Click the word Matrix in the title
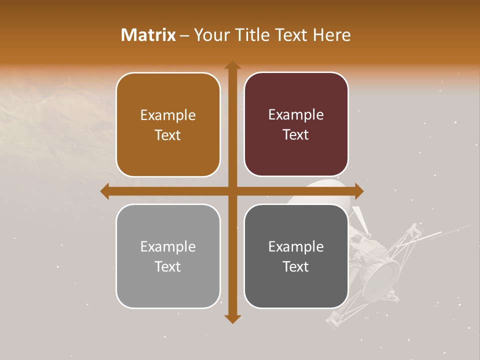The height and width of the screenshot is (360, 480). pyautogui.click(x=148, y=35)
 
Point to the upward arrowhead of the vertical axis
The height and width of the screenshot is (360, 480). pyautogui.click(x=232, y=65)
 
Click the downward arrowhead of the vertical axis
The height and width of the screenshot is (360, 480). pyautogui.click(x=232, y=318)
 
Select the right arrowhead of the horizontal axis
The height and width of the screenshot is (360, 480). pyautogui.click(x=358, y=191)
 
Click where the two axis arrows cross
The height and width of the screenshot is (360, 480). pyautogui.click(x=232, y=191)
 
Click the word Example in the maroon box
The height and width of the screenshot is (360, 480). pyautogui.click(x=296, y=115)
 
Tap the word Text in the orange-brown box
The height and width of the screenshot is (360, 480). pyautogui.click(x=168, y=135)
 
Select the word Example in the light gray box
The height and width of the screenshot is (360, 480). pyautogui.click(x=168, y=246)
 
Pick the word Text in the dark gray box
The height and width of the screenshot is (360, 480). pyautogui.click(x=296, y=267)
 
